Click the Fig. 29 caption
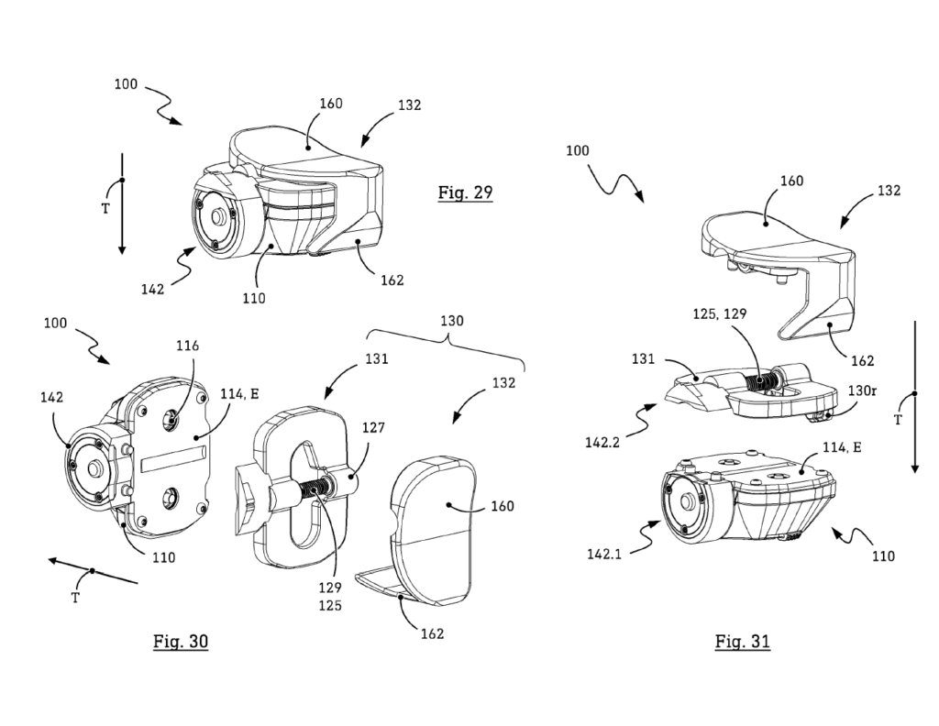pyautogui.click(x=465, y=192)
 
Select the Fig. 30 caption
pyautogui.click(x=181, y=642)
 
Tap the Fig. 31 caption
pyautogui.click(x=742, y=642)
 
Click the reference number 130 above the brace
pyautogui.click(x=451, y=322)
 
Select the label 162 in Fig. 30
pyautogui.click(x=432, y=633)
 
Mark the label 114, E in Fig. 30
pyautogui.click(x=240, y=394)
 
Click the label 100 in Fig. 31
pyautogui.click(x=577, y=149)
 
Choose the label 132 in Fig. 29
pyautogui.click(x=409, y=104)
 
